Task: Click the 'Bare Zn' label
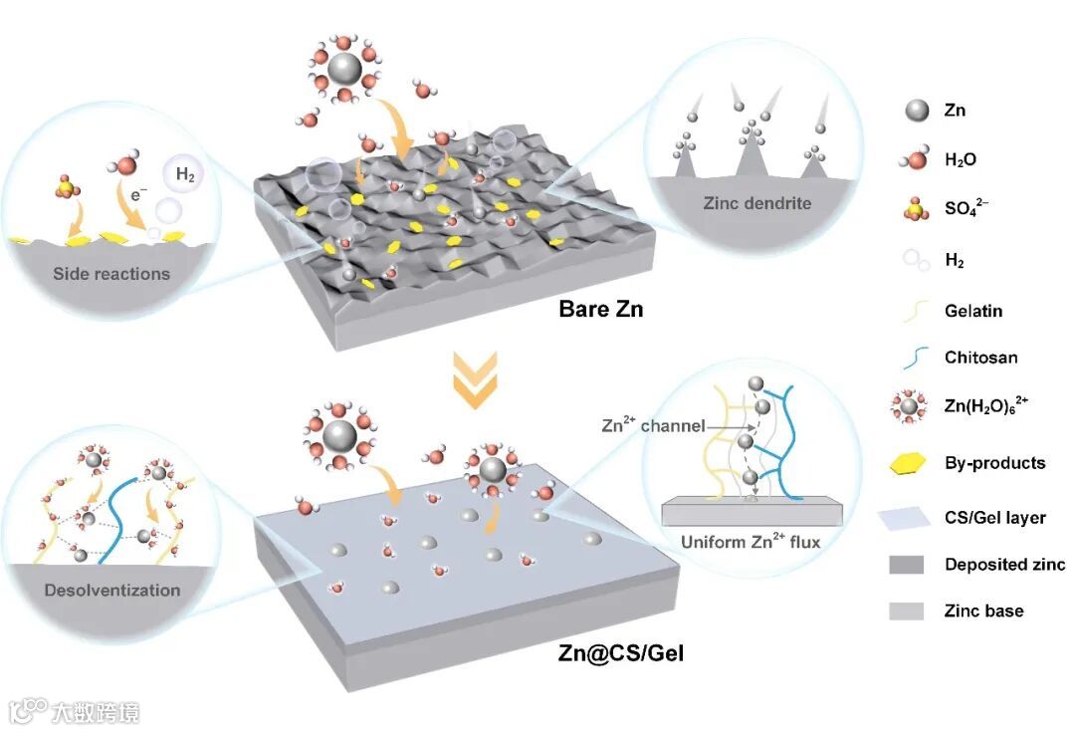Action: (x=601, y=309)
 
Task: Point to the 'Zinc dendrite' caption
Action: (x=757, y=203)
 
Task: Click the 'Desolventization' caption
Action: (x=112, y=590)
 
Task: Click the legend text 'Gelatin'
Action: (x=973, y=311)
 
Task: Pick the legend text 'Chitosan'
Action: (x=980, y=357)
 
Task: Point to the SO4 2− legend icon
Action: (x=906, y=209)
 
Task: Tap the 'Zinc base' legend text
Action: (x=983, y=610)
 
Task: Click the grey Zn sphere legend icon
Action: (x=906, y=110)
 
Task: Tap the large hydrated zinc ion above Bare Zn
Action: (x=343, y=71)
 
